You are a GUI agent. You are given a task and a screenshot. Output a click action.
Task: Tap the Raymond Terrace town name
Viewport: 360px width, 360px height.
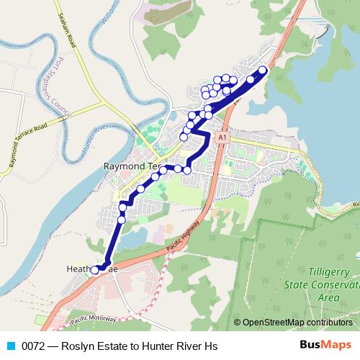coord(130,166)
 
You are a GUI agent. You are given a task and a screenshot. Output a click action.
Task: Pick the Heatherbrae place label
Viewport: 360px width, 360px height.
coord(85,269)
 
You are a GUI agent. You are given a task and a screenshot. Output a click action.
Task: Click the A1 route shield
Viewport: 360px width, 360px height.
coord(222,136)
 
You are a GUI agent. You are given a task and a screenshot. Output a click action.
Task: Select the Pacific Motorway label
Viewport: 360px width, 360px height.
coord(93,318)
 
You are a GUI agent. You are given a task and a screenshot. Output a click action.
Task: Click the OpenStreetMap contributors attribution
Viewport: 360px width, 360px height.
coord(297,323)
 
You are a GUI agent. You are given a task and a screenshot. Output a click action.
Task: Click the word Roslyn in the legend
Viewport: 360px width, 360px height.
coord(76,346)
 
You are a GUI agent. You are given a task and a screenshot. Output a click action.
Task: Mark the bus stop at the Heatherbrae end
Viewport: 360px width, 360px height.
coord(94,270)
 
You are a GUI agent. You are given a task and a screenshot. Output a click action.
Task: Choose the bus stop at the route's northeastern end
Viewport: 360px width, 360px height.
coord(262,70)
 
